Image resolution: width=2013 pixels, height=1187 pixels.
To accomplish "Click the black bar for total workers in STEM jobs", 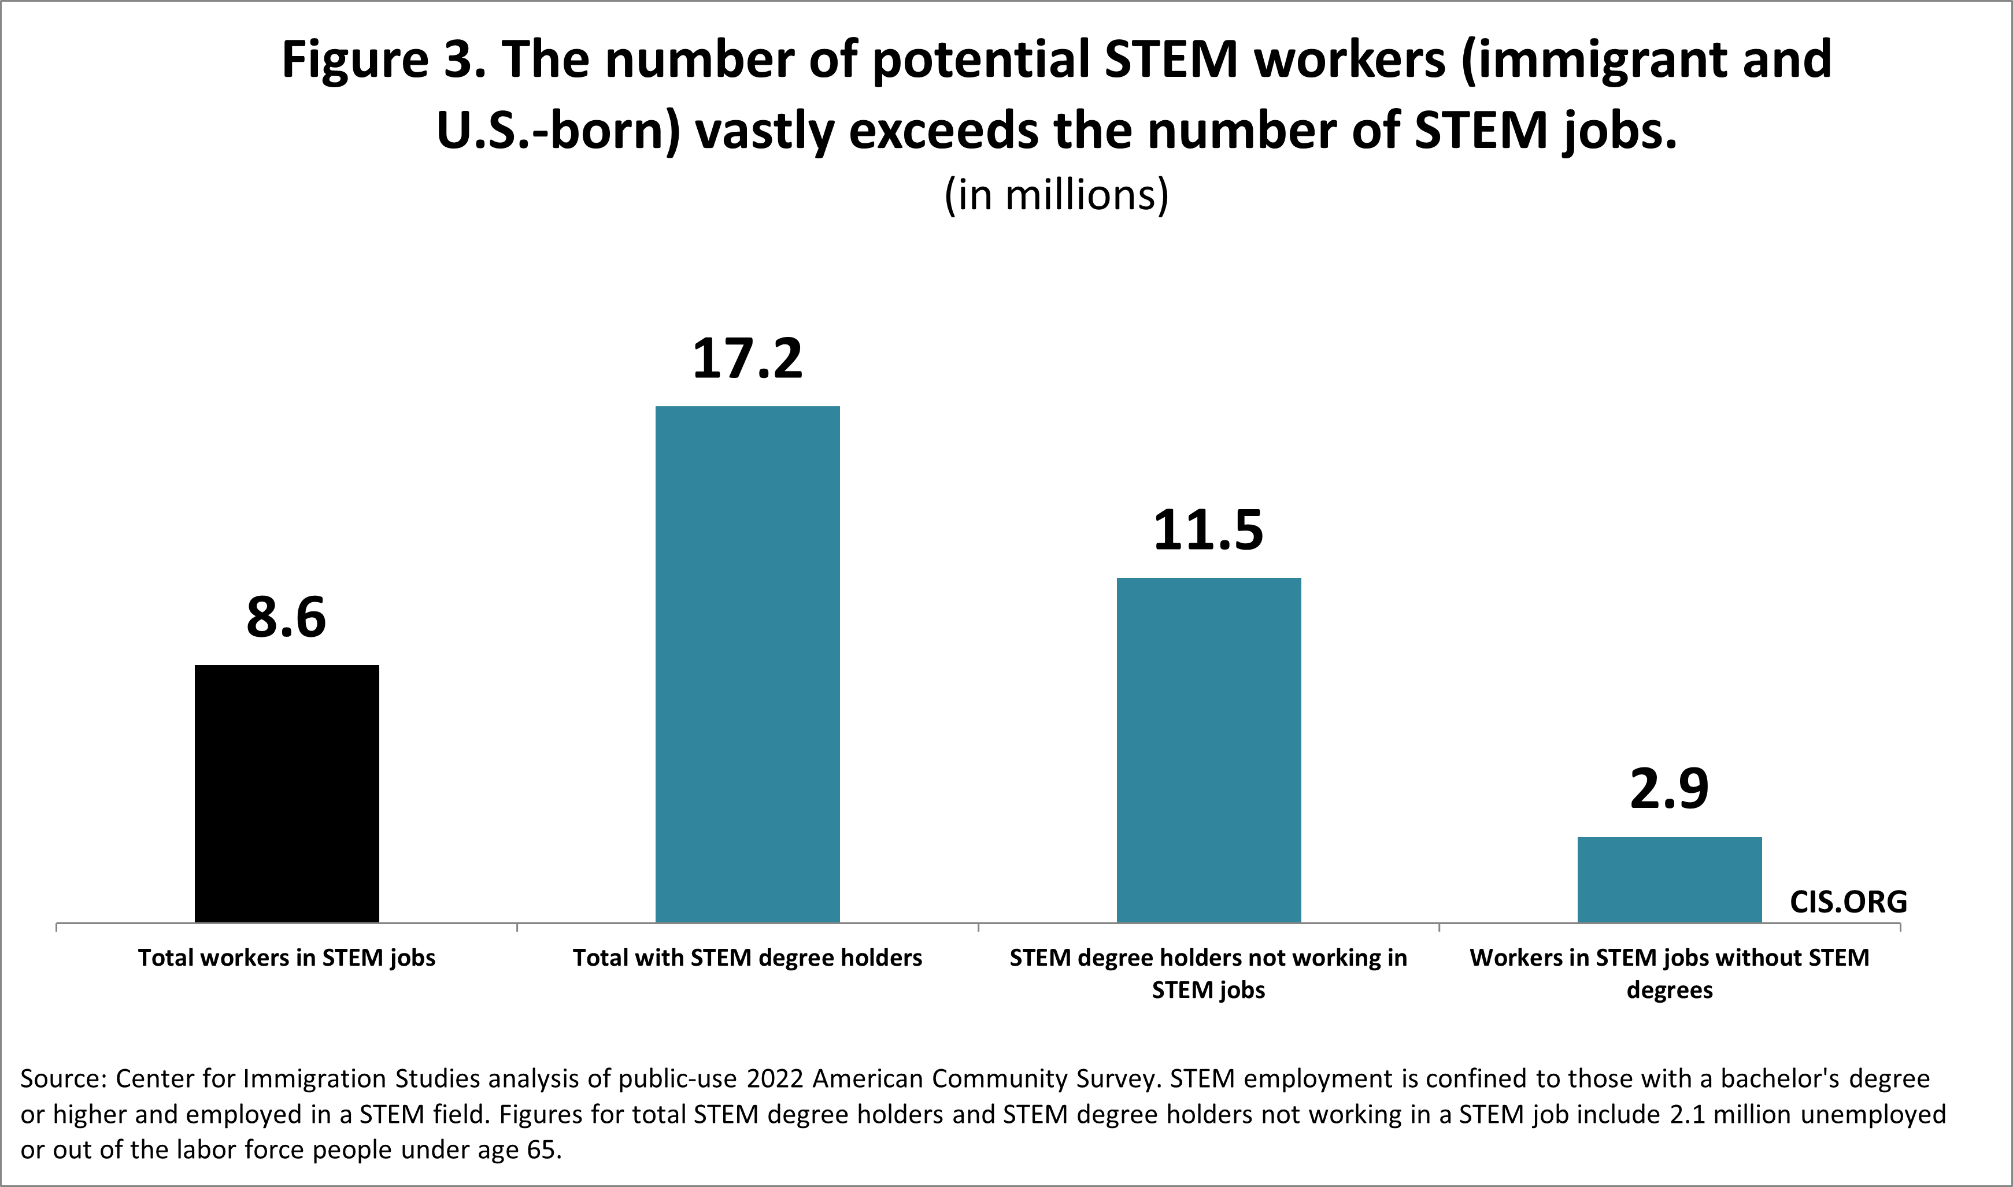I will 286,793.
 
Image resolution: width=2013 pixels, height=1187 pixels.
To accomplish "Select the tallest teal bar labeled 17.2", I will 748,664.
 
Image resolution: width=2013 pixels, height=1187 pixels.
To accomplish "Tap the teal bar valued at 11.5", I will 1208,750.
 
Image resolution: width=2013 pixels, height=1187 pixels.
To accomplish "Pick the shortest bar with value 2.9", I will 1669,880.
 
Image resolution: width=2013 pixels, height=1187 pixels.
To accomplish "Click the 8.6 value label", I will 286,618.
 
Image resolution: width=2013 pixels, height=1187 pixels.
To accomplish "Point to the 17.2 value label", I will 748,358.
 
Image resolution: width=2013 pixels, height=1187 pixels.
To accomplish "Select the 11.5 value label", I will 1208,531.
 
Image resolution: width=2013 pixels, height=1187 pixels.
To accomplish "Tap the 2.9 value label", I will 1669,789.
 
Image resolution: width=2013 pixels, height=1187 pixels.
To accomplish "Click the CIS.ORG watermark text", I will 1848,902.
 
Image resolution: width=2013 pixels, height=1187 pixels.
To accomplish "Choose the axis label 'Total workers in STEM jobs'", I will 286,958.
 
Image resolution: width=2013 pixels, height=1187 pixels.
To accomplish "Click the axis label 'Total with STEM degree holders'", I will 748,958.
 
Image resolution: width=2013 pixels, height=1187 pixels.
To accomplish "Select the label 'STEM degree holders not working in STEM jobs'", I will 1208,973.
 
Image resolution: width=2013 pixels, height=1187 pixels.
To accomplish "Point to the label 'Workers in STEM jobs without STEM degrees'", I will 1669,973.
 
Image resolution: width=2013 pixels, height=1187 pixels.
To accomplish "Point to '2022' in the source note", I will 775,1078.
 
